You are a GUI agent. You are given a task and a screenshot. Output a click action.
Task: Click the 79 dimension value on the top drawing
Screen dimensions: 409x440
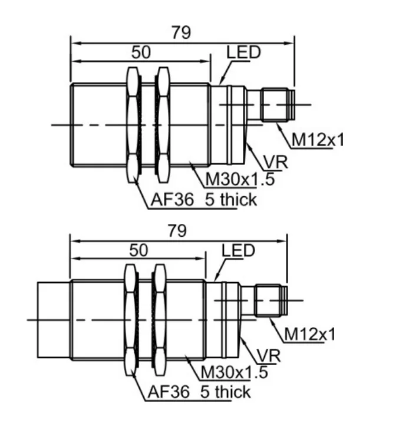click(x=181, y=32)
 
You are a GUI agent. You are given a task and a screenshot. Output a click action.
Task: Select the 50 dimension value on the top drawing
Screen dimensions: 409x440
click(x=141, y=52)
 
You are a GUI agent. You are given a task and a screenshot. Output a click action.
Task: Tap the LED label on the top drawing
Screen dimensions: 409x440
click(x=243, y=52)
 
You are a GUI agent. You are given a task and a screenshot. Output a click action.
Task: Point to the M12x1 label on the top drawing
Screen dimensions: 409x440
click(x=318, y=140)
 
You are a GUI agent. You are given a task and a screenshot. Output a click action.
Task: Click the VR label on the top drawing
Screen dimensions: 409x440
click(x=275, y=162)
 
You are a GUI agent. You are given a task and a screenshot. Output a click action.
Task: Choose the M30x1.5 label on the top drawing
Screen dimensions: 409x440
click(x=240, y=179)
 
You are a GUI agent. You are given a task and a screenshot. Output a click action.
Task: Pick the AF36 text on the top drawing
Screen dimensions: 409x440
click(x=172, y=200)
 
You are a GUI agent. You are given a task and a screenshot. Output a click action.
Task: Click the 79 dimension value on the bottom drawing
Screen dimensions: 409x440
click(x=177, y=231)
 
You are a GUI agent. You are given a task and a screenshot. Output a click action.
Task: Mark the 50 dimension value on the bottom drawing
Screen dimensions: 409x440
click(x=138, y=250)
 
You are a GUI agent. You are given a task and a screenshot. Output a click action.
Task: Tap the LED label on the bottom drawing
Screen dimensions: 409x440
click(x=238, y=250)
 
